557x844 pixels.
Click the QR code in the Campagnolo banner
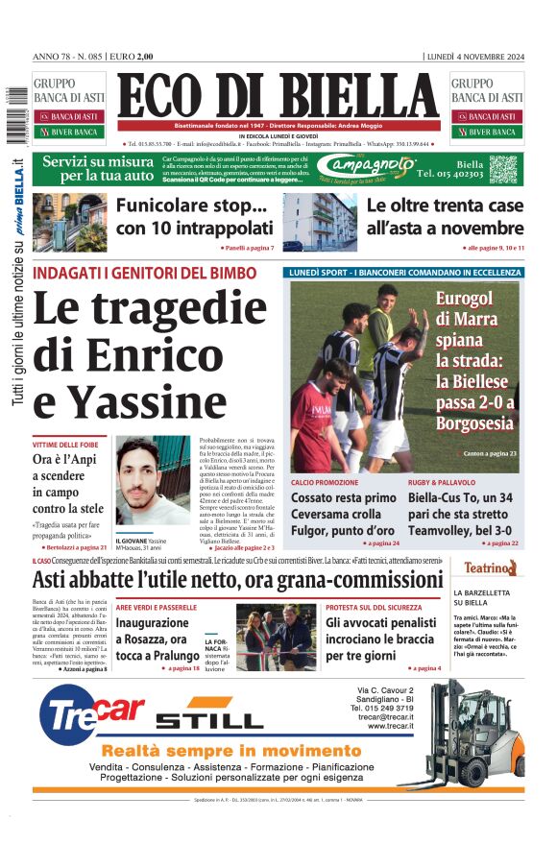click(503, 169)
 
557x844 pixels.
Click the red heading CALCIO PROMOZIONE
click(325, 482)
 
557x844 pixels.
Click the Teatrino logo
click(491, 568)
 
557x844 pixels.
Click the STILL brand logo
click(208, 719)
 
